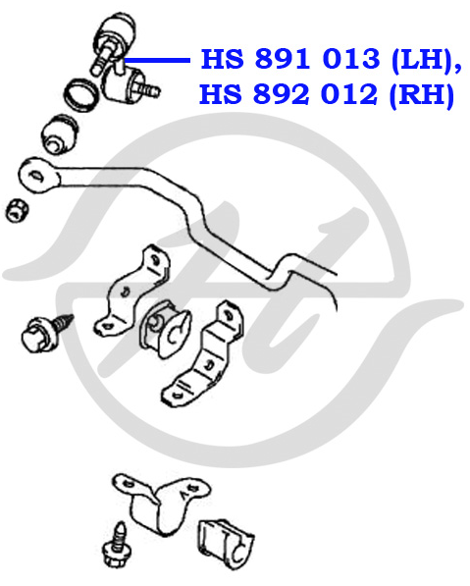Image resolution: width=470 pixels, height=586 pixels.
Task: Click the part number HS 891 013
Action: [290, 59]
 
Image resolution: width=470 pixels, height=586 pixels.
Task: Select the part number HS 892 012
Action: [288, 94]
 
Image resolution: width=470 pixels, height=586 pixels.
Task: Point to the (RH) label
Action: [422, 95]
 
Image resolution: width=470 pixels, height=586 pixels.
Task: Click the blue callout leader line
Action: [157, 60]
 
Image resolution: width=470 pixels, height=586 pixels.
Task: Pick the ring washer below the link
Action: [81, 95]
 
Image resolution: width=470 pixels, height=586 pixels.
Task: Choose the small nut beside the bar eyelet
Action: [17, 210]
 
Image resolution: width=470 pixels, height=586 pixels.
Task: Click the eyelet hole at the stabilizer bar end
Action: [35, 176]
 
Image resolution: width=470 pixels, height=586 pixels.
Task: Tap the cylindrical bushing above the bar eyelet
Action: [60, 134]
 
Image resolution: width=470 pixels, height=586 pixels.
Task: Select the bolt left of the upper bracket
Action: [45, 333]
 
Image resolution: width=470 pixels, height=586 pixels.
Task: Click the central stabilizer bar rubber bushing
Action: [165, 329]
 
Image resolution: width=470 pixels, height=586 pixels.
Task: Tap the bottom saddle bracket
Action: [161, 503]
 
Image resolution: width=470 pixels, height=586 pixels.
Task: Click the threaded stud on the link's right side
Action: [147, 89]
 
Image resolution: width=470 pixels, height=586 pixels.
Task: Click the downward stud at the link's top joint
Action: [100, 59]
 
